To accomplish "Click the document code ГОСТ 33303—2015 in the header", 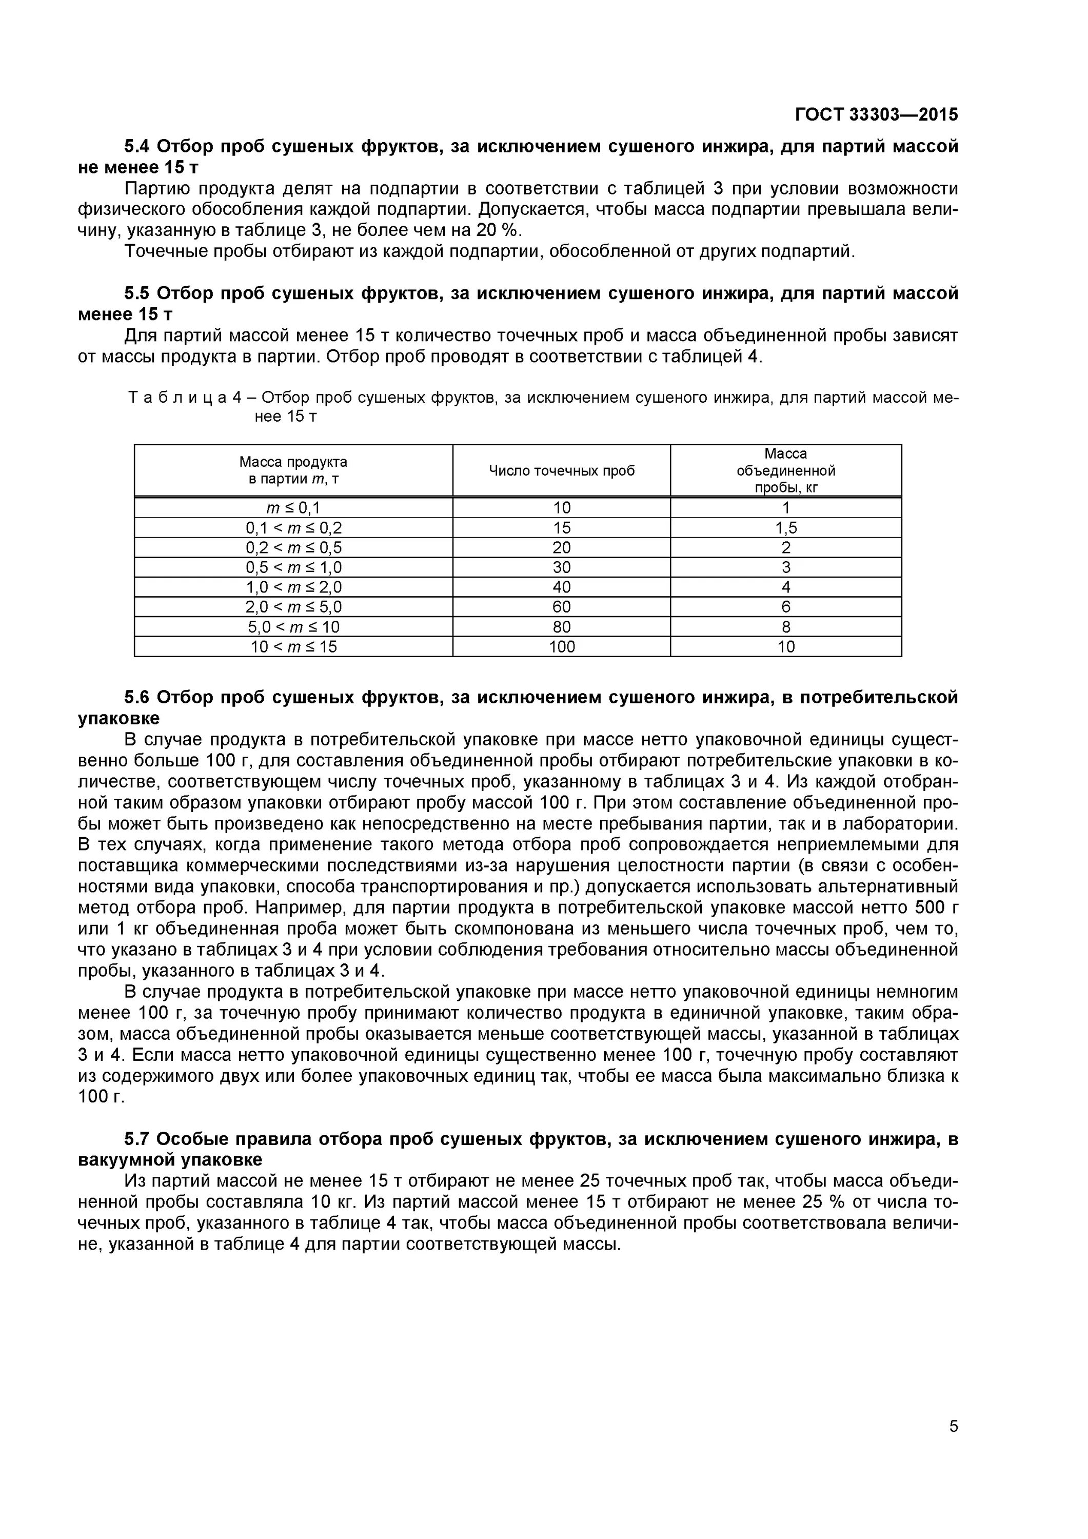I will click(876, 114).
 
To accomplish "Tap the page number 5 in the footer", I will click(953, 1445).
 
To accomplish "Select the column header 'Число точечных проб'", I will click(561, 470).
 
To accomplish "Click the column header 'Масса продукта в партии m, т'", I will click(293, 470).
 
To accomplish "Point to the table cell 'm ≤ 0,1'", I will click(293, 507).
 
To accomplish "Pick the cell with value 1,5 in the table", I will click(786, 527).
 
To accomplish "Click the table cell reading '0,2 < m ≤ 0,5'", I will click(293, 548).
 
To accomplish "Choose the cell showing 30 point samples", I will click(561, 568).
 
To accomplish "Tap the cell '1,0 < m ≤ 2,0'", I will click(293, 587).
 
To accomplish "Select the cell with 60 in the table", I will click(561, 607).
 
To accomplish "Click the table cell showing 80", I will click(561, 627).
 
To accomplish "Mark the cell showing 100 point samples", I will click(561, 647).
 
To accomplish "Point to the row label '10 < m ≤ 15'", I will click(293, 647).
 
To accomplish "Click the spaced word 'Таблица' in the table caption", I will click(177, 398).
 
